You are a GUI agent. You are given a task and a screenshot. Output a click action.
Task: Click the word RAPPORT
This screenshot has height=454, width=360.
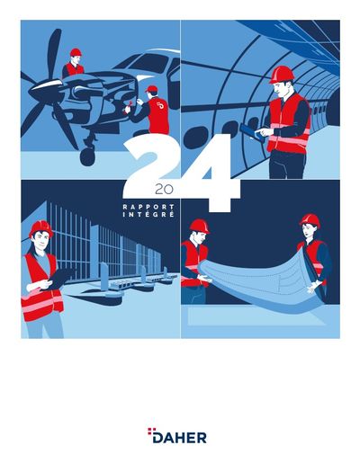148,207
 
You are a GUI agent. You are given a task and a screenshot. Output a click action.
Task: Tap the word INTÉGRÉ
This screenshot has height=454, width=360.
148,215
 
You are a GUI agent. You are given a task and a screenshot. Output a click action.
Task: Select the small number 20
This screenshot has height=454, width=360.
164,190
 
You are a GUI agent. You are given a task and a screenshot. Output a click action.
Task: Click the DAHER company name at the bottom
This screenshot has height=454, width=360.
179,438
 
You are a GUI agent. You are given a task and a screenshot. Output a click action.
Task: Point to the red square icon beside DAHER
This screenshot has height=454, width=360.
150,431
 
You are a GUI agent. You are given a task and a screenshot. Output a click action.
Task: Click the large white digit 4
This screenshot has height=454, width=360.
210,173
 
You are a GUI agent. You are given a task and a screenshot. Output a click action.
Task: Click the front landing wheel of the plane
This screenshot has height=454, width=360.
87,157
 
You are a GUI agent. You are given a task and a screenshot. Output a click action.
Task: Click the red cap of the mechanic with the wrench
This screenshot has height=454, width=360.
151,89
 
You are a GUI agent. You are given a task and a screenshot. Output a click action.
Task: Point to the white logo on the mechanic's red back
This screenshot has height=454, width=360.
160,106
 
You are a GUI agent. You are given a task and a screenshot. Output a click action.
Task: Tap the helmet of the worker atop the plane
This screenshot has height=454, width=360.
76,52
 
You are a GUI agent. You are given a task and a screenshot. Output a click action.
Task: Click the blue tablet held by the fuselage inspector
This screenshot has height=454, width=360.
252,131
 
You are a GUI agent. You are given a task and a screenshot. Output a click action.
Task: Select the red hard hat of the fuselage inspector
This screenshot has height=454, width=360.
282,75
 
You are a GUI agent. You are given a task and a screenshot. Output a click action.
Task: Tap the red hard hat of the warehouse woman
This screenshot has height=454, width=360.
41,228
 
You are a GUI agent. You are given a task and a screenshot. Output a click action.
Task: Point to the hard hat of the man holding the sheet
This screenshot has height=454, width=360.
200,226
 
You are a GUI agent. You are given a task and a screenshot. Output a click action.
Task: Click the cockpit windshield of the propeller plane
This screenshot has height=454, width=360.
150,64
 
